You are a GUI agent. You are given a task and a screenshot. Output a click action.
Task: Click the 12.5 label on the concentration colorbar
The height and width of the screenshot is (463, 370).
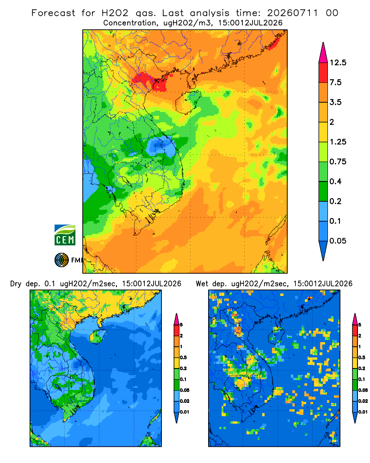point(338,63)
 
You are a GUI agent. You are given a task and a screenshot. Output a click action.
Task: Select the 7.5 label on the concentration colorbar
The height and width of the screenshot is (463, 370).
point(335,82)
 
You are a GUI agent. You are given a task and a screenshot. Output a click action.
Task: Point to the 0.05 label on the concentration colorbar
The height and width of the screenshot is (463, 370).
point(338,241)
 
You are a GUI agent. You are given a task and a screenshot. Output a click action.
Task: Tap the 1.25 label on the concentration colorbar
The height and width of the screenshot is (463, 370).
point(338,142)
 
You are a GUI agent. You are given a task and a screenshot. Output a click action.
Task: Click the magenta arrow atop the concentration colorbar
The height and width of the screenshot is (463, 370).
point(323,53)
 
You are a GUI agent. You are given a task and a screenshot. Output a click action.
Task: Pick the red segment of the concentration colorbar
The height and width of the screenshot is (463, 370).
point(323,73)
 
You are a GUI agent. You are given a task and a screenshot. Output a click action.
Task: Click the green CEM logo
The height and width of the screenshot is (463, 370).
point(65,235)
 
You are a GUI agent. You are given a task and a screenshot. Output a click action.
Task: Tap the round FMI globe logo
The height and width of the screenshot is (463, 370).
point(62,260)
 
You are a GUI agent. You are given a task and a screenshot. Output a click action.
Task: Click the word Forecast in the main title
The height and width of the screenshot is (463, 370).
point(53,13)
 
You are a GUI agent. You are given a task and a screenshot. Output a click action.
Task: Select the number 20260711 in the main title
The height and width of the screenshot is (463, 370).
point(292,13)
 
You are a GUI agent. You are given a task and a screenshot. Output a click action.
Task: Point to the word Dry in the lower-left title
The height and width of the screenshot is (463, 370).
point(16,284)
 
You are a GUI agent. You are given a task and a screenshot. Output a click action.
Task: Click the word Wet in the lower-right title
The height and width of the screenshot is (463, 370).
point(202,284)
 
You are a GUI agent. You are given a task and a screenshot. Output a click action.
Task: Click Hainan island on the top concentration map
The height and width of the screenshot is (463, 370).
point(188,102)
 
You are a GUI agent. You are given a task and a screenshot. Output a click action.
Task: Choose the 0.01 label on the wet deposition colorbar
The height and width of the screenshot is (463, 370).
point(363,412)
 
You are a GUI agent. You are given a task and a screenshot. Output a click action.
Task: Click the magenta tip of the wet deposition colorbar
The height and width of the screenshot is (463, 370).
point(355,319)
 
